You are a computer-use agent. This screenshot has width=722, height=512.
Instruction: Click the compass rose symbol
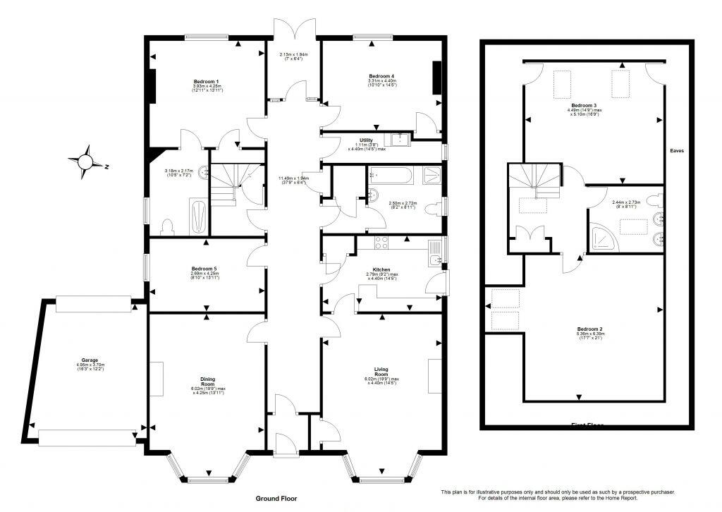(x=87, y=161)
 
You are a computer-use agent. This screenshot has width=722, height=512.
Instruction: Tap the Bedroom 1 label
(x=206, y=82)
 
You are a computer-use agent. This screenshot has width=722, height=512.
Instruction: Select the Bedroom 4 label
(x=381, y=75)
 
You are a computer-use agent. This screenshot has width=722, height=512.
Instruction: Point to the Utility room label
(x=366, y=140)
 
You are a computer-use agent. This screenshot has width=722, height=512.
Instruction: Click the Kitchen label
(x=381, y=269)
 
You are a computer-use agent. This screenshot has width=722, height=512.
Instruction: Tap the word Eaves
(x=677, y=151)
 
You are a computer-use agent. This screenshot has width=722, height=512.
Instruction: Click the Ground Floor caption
(x=276, y=499)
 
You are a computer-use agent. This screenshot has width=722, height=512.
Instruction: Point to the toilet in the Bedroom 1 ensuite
(x=168, y=226)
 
